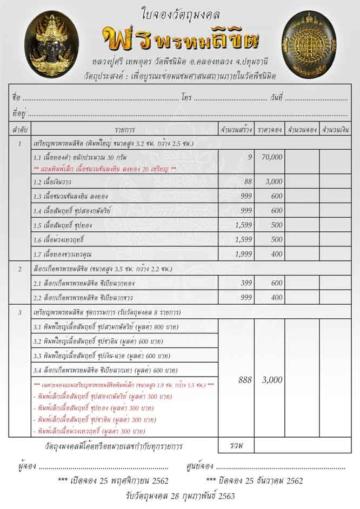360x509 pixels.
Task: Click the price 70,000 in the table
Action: point(270,157)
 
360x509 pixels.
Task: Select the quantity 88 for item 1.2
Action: point(248,182)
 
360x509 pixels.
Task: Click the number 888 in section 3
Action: point(245,380)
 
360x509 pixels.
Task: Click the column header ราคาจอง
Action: point(270,130)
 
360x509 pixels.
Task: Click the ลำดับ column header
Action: point(20,130)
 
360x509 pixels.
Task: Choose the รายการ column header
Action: point(125,130)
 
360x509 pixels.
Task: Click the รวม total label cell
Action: point(236,446)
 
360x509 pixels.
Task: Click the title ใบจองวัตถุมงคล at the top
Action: point(180,15)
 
